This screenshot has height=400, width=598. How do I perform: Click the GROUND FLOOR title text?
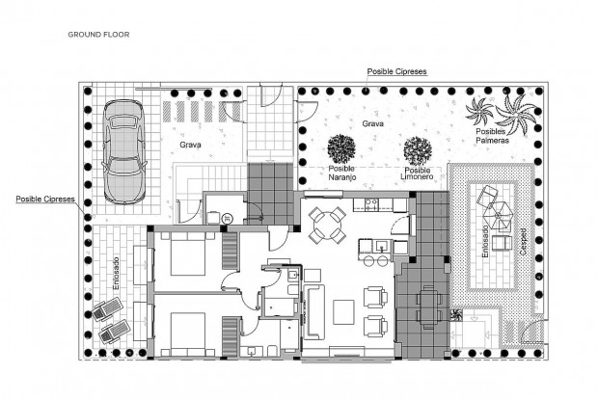coord(98,34)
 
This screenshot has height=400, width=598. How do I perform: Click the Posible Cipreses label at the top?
coord(396,72)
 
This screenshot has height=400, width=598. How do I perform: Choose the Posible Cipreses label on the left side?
coord(45,200)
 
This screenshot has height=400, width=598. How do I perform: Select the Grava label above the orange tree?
coord(372,124)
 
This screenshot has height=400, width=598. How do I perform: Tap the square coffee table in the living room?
coord(343,311)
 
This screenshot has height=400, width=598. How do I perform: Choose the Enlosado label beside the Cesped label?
coord(485,235)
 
